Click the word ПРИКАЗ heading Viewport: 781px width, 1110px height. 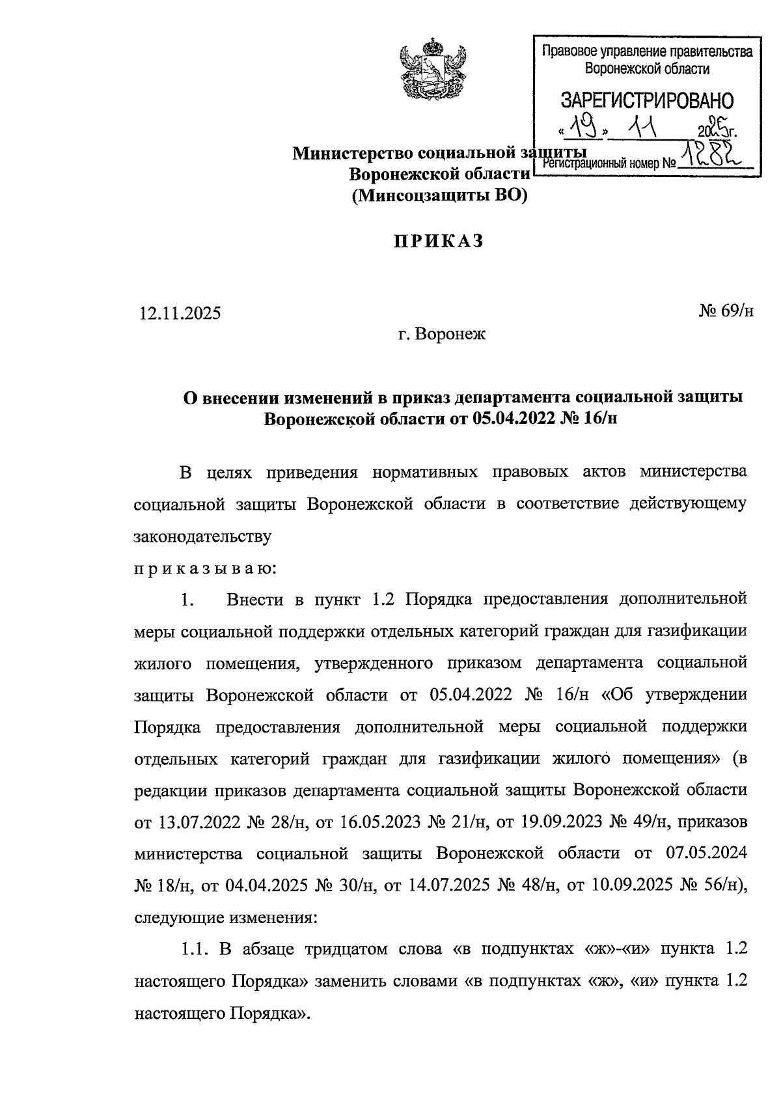439,242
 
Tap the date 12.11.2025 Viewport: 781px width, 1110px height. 180,313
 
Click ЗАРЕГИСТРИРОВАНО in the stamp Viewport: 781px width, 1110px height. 647,100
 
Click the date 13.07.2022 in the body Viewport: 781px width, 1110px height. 199,822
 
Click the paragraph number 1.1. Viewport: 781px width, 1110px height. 196,949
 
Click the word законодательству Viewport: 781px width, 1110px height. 202,537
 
